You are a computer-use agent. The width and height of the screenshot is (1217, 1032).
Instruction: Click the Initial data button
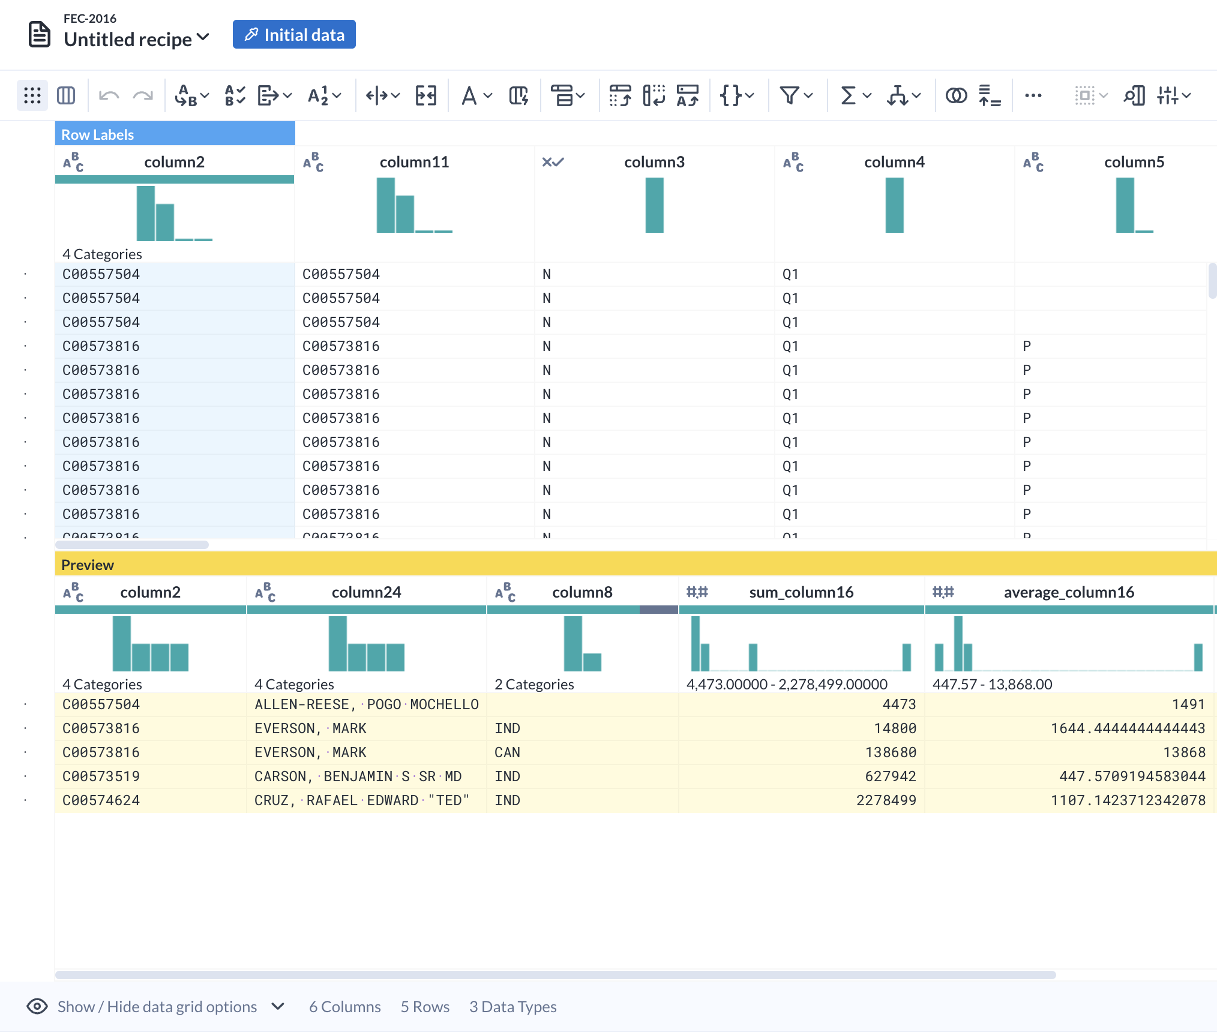(x=294, y=35)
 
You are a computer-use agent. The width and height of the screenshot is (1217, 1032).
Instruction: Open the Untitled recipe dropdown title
(x=136, y=39)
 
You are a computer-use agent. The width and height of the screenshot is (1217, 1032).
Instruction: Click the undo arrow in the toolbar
(x=109, y=95)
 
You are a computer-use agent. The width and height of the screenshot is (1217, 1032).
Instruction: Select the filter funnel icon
(x=789, y=95)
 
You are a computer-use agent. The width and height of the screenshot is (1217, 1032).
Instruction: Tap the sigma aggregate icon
(x=848, y=95)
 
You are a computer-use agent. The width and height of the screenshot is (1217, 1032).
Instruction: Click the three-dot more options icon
(x=1033, y=95)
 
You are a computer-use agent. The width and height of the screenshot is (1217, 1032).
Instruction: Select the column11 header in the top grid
(x=414, y=162)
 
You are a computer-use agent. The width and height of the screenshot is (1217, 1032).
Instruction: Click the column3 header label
(x=654, y=162)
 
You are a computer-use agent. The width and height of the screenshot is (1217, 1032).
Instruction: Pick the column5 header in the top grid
(x=1134, y=162)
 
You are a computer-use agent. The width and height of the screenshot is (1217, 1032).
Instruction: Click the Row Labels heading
(x=98, y=134)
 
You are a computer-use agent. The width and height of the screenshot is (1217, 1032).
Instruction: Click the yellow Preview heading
(x=88, y=565)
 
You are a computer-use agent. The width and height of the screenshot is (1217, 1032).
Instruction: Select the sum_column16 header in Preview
(x=801, y=592)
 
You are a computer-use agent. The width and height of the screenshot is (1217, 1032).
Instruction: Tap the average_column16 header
(x=1068, y=592)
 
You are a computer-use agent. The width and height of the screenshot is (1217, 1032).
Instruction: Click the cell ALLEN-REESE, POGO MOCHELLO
(x=366, y=704)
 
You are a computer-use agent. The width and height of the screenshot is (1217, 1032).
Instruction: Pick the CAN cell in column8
(x=507, y=752)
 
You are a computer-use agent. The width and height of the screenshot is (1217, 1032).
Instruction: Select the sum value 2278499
(x=886, y=800)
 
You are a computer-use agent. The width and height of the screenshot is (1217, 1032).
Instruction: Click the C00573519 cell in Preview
(x=101, y=776)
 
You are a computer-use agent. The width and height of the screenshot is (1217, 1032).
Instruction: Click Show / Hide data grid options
(x=157, y=1006)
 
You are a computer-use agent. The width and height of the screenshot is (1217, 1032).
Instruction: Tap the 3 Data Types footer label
(x=512, y=1006)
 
